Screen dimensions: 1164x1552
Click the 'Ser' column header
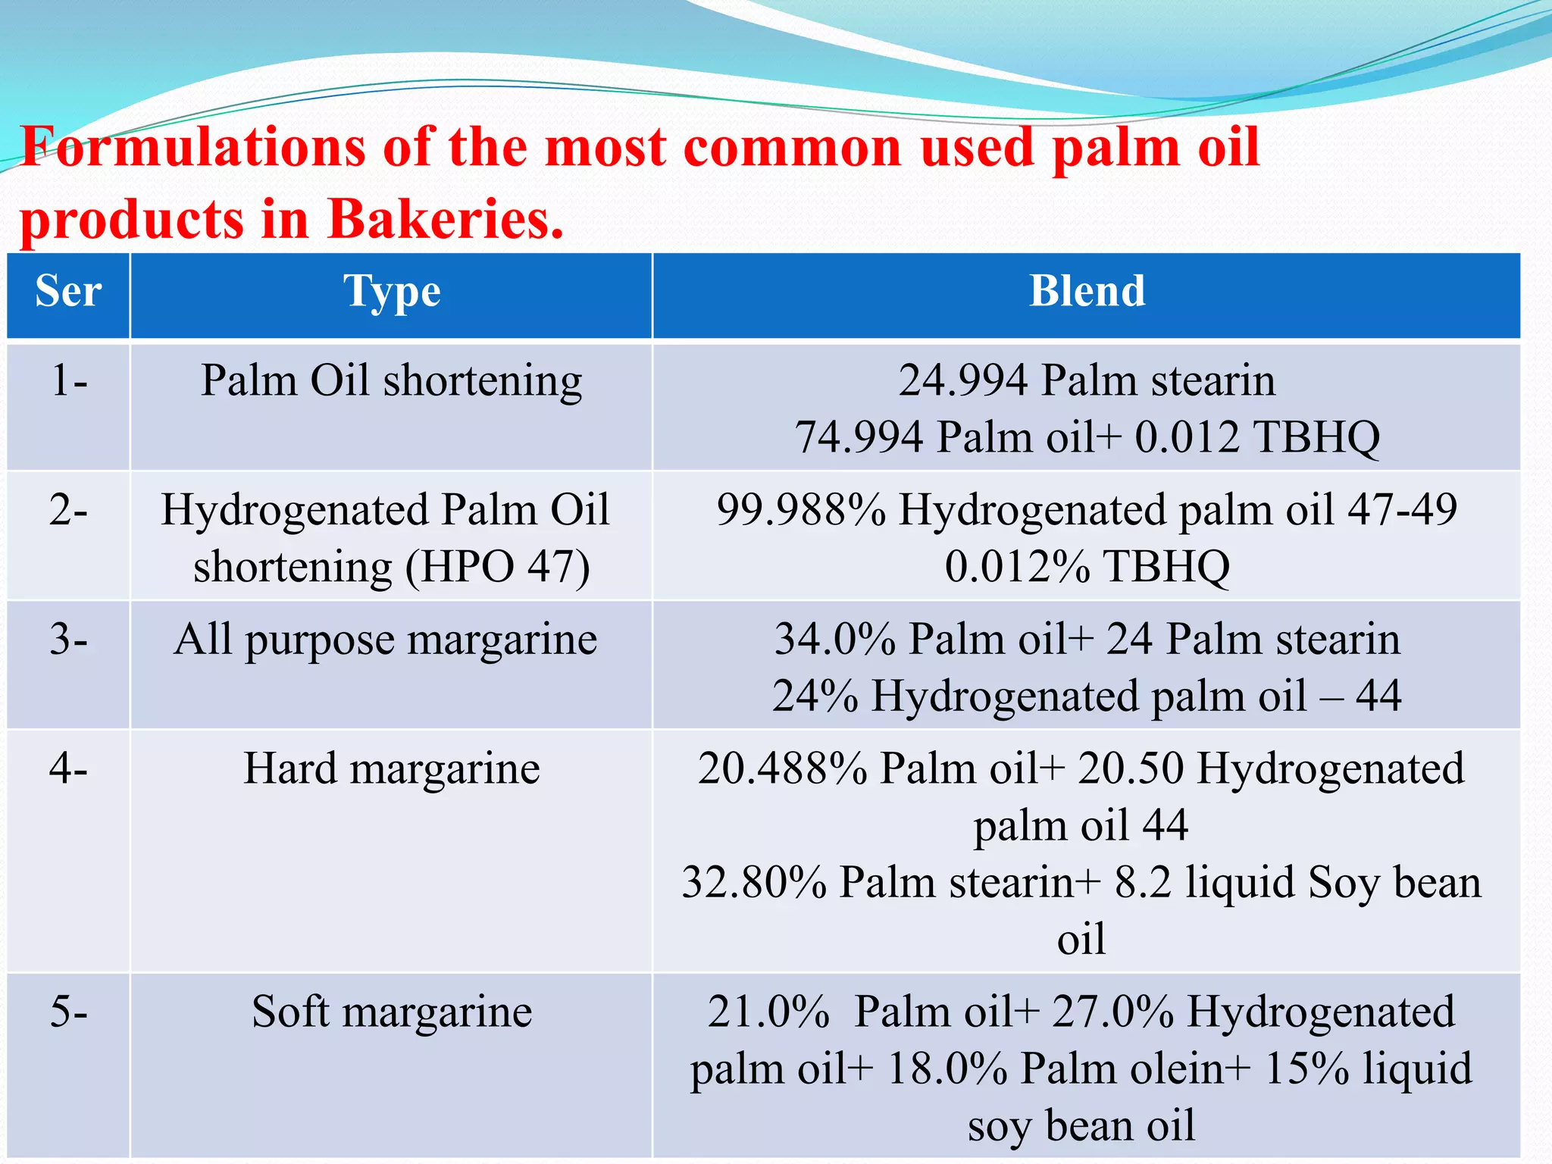click(x=68, y=292)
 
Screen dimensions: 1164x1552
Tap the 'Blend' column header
click(x=1087, y=292)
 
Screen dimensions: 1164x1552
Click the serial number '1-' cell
click(x=69, y=380)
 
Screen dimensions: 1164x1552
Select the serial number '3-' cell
click(x=69, y=640)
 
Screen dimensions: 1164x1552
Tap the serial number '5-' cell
click(x=69, y=1012)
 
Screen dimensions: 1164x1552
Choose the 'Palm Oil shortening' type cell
click(x=391, y=381)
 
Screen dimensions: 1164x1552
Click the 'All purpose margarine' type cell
click(x=386, y=640)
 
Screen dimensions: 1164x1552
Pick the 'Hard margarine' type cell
click(x=392, y=770)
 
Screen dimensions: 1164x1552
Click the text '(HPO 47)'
click(x=497, y=568)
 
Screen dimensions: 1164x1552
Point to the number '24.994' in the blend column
click(x=963, y=381)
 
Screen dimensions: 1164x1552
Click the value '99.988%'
click(x=801, y=510)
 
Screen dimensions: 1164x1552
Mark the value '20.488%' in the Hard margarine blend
click(x=782, y=770)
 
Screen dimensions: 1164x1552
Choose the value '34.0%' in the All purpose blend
click(x=835, y=640)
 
